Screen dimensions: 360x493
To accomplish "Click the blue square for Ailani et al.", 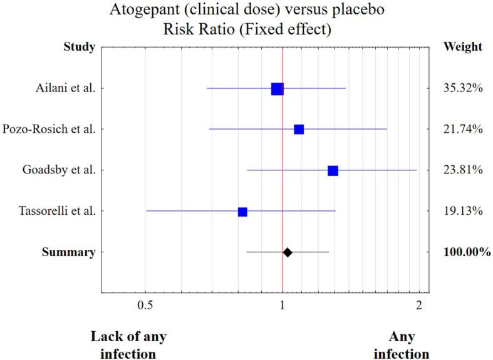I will pyautogui.click(x=277, y=89).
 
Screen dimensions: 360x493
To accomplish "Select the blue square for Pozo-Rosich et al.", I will pyautogui.click(x=299, y=130).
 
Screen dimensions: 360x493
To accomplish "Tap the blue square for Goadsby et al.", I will pyautogui.click(x=333, y=171).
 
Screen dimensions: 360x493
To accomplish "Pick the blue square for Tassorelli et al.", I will pyautogui.click(x=242, y=212).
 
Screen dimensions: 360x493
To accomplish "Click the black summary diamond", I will pyautogui.click(x=287, y=252).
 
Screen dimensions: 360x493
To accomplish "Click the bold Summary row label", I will pyautogui.click(x=69, y=252).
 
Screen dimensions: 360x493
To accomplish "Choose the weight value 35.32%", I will pyautogui.click(x=462, y=88).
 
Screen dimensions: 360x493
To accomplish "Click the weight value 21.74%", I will pyautogui.click(x=462, y=130).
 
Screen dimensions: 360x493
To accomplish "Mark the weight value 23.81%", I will pyautogui.click(x=462, y=170).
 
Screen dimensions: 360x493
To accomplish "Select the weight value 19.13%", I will pyautogui.click(x=462, y=212).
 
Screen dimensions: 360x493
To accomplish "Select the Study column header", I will pyautogui.click(x=80, y=47).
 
